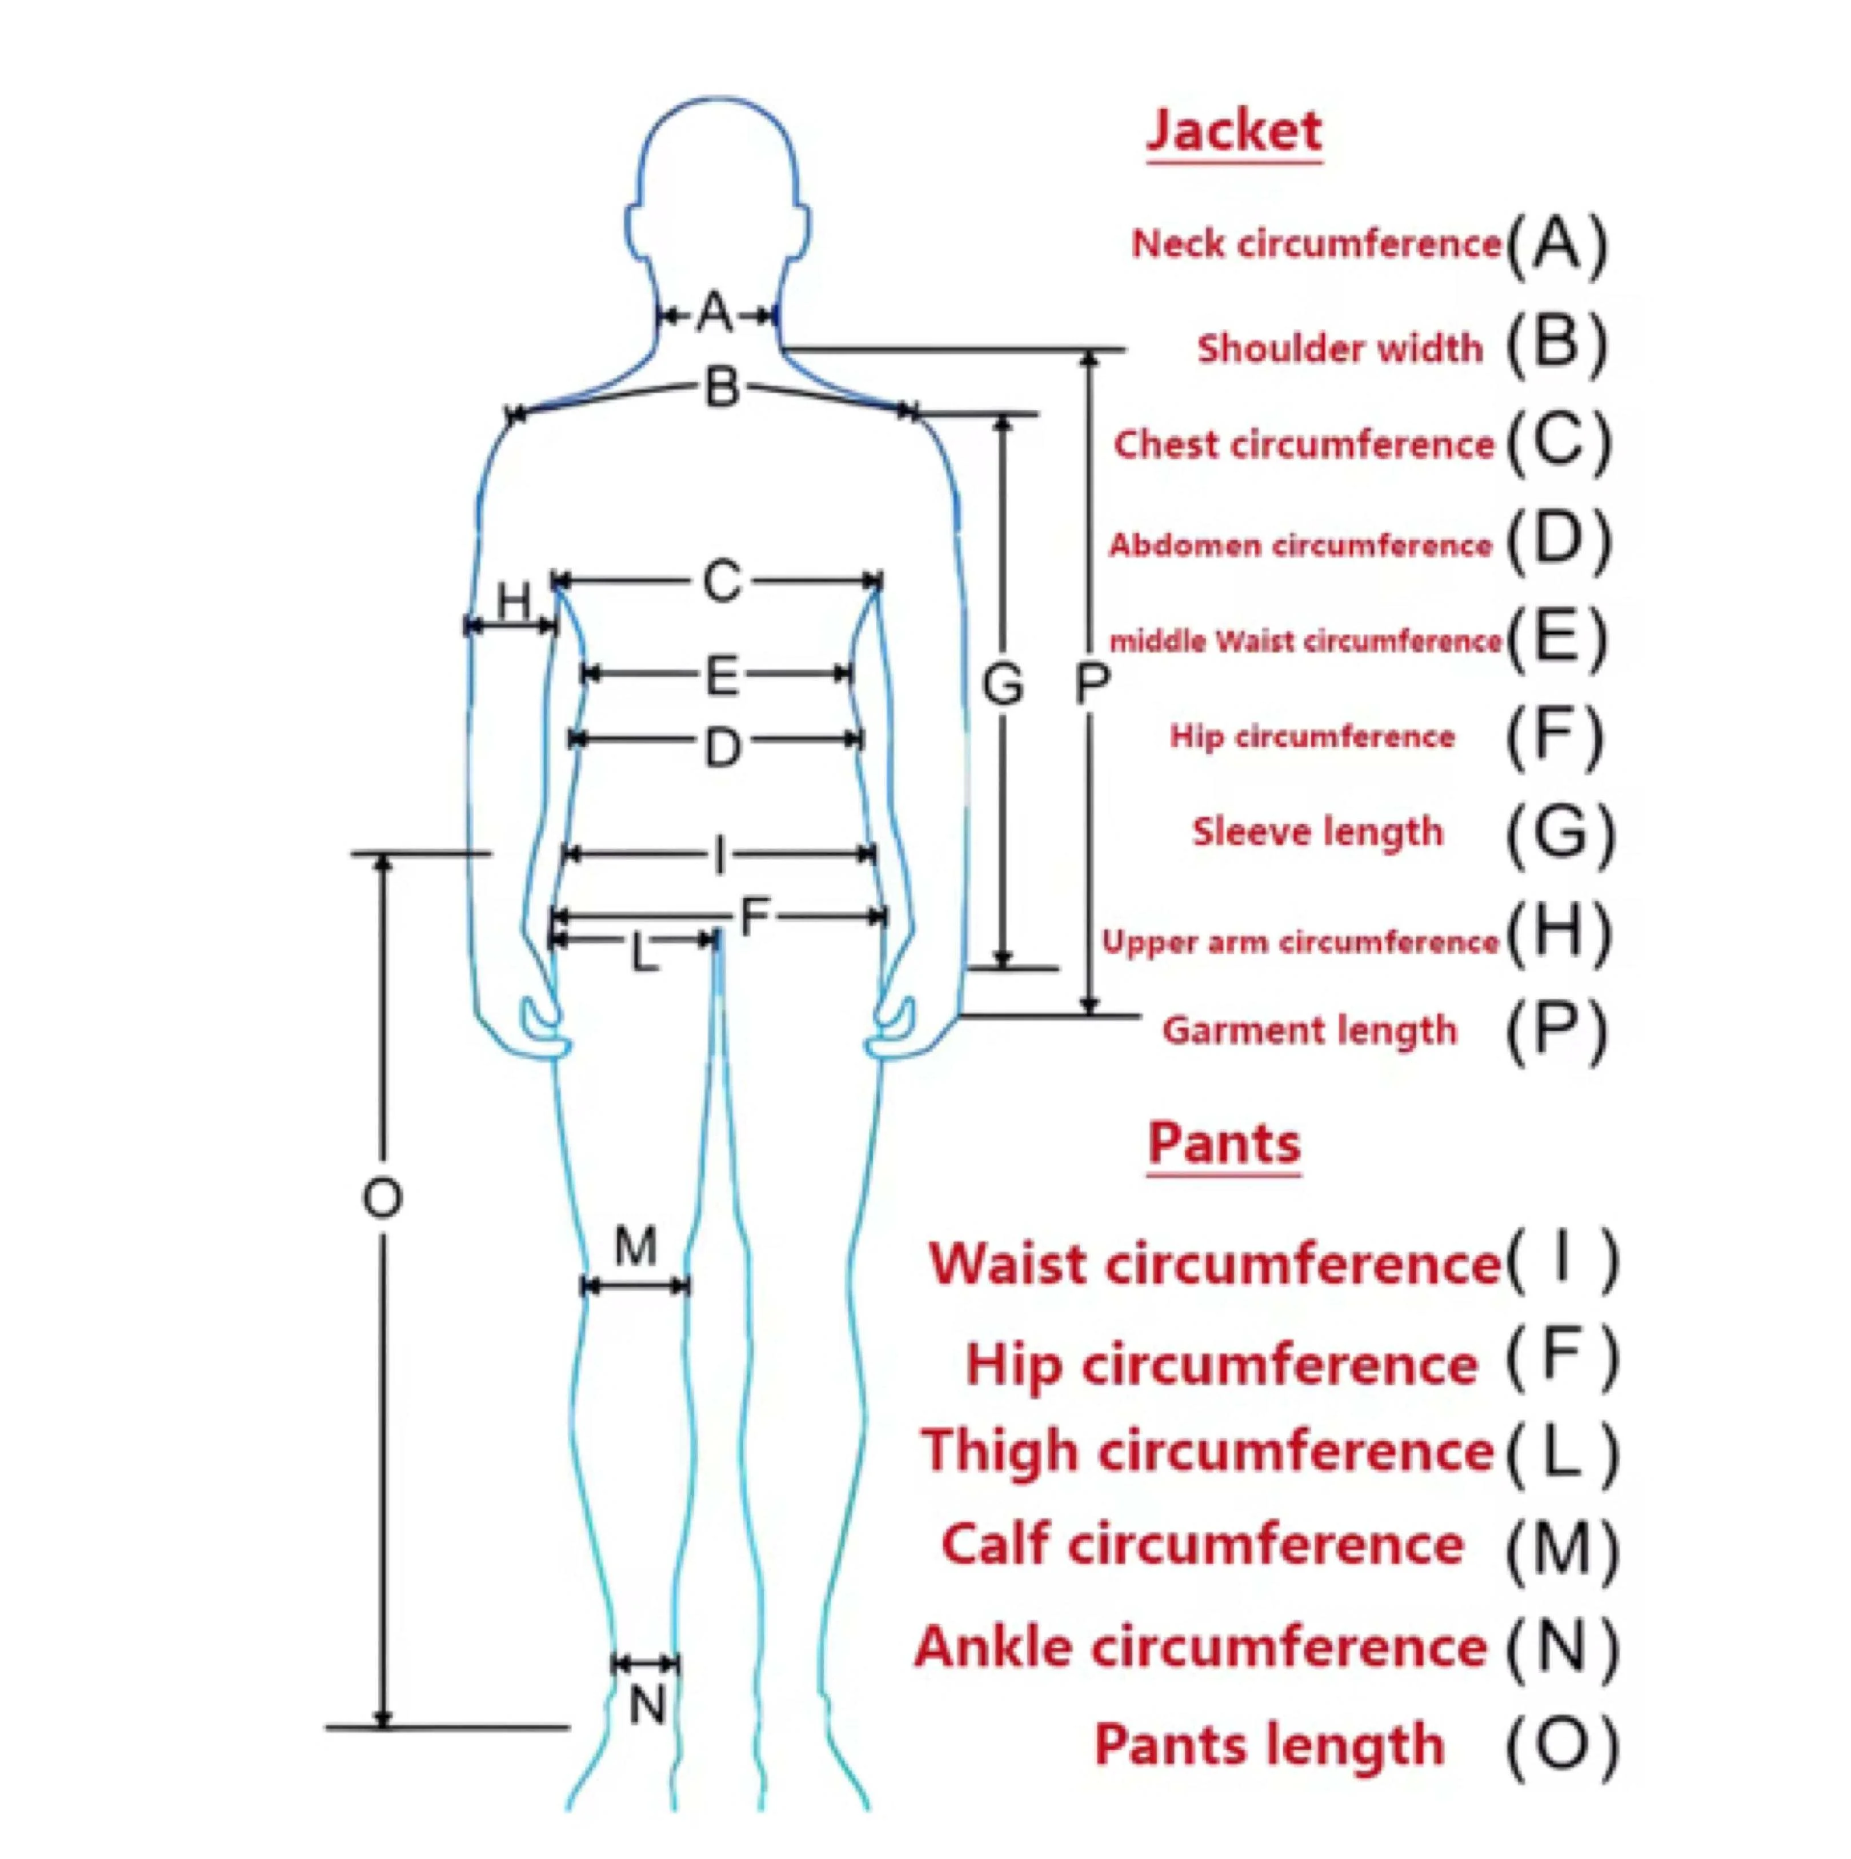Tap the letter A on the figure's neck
716,313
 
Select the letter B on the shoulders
723,388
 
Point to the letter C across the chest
722,581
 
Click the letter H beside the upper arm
514,603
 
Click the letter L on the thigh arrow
644,954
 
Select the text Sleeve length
1318,831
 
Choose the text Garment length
1309,1030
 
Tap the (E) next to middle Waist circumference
1556,638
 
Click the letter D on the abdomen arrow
723,747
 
